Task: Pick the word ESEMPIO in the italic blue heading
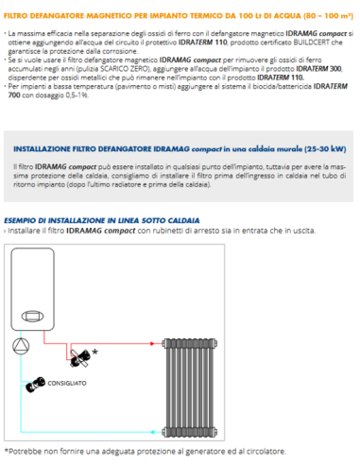coord(20,219)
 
